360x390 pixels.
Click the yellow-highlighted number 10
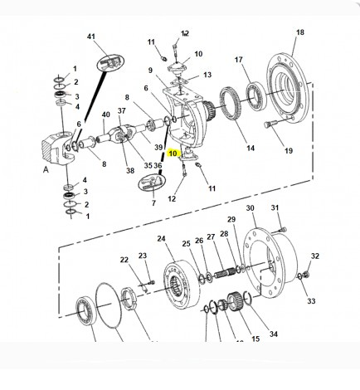[x=173, y=153]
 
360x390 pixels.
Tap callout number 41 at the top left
[x=92, y=37]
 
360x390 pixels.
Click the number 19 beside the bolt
[x=289, y=151]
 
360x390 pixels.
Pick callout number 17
[x=239, y=60]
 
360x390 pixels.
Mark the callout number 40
[x=105, y=115]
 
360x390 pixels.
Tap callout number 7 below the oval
[x=152, y=203]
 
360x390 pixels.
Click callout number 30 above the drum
[x=250, y=208]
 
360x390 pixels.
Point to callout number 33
[x=313, y=300]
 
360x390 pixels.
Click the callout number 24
[x=163, y=238]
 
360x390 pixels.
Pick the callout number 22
[x=124, y=260]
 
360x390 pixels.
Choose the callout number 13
[x=207, y=75]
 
